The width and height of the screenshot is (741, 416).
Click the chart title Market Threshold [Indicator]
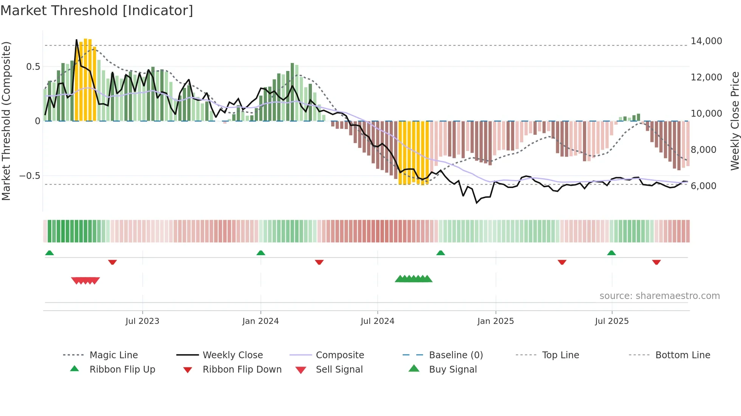97,11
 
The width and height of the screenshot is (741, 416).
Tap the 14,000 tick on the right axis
706,41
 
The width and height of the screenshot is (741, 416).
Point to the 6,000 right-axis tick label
703,186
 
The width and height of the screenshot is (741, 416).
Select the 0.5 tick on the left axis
33,67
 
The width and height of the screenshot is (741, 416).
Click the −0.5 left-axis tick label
29,176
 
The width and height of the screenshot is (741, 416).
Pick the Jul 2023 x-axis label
142,321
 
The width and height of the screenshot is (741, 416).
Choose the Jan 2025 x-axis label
495,321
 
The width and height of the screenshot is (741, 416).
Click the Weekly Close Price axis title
735,121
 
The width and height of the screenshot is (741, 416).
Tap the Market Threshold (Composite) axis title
6,121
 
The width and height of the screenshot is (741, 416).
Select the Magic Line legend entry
113,355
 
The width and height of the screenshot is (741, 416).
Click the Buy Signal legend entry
453,370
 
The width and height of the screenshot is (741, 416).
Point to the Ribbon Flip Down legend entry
242,370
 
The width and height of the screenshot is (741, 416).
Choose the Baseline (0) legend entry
456,355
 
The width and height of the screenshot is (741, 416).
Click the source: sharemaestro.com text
659,296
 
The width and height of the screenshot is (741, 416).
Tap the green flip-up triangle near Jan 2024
260,253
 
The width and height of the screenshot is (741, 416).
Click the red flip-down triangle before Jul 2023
112,262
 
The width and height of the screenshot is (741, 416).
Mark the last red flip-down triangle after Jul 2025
656,262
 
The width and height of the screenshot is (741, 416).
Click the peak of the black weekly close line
76,40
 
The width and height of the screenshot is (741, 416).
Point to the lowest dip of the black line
477,203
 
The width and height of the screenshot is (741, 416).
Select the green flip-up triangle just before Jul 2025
611,253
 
